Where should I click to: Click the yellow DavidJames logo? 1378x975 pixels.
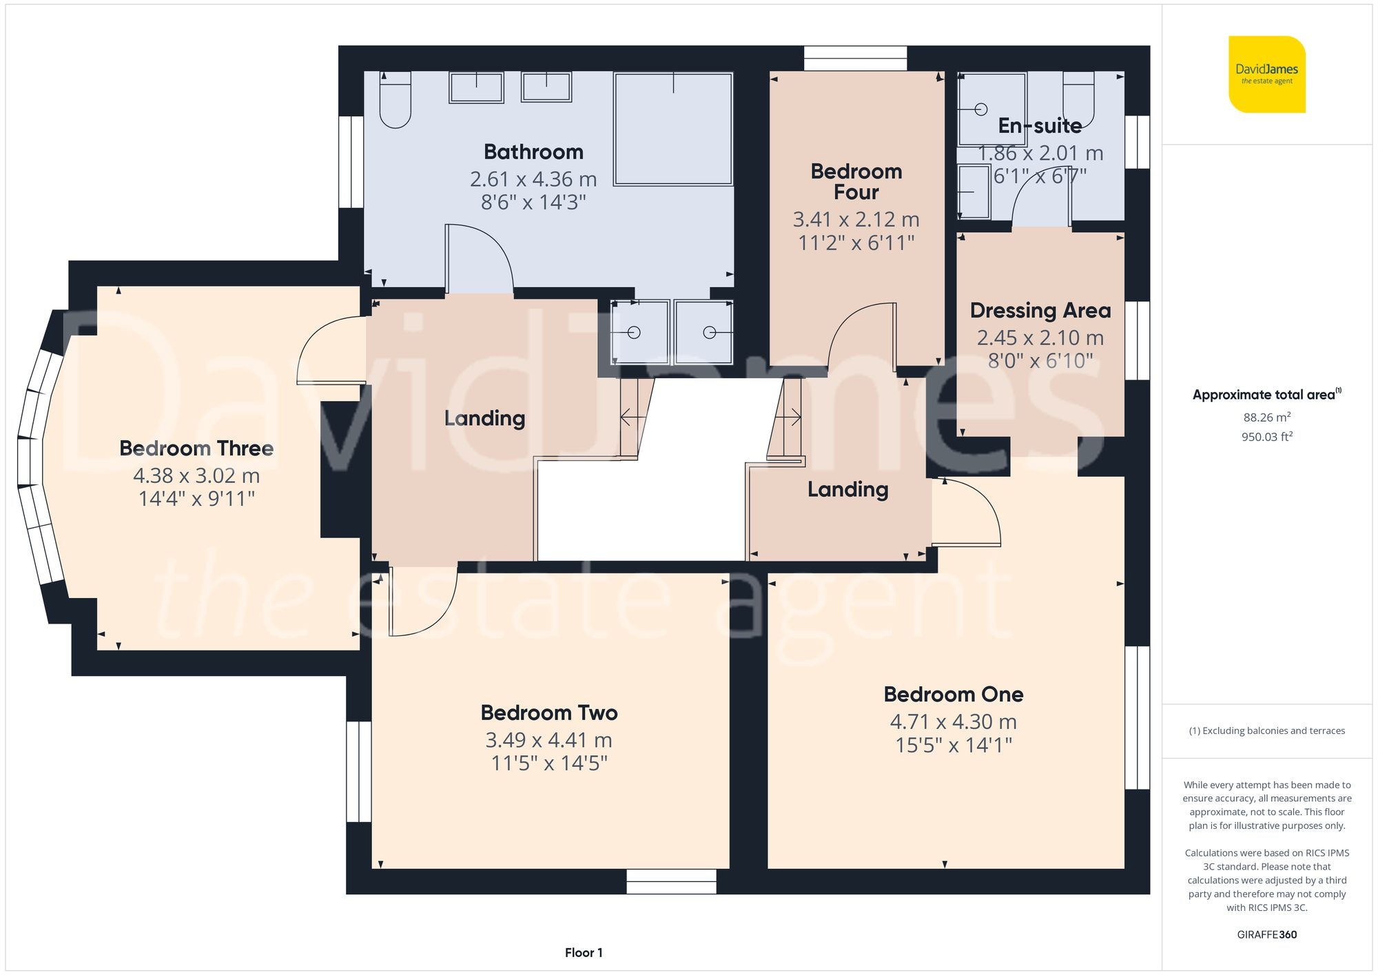click(1266, 74)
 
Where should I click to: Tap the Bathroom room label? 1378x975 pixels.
click(533, 152)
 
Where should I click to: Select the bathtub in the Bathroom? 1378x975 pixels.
click(672, 129)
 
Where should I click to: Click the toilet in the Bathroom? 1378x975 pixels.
click(395, 101)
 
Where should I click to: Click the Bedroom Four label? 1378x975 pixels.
click(856, 181)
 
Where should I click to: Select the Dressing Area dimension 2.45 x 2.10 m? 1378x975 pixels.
click(1040, 338)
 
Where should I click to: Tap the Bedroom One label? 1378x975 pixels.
click(953, 694)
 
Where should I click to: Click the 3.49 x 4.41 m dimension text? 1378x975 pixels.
click(548, 740)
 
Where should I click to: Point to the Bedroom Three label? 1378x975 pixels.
click(196, 449)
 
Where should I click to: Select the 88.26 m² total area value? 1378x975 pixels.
click(1266, 417)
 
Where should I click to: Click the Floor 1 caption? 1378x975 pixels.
click(583, 952)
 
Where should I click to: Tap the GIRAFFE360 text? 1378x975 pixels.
click(1266, 934)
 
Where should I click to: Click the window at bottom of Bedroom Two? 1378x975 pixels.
click(671, 881)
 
